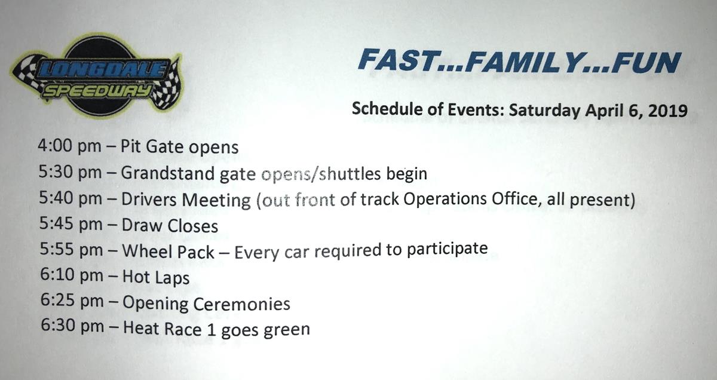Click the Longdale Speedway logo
pos(96,76)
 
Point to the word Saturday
pos(546,111)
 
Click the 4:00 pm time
pos(69,146)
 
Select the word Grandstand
pos(167,173)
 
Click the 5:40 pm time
pos(71,198)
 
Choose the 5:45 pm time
pos(71,224)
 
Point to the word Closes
pos(192,226)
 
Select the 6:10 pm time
pos(72,275)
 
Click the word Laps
pos(173,278)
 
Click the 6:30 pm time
pos(72,326)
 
